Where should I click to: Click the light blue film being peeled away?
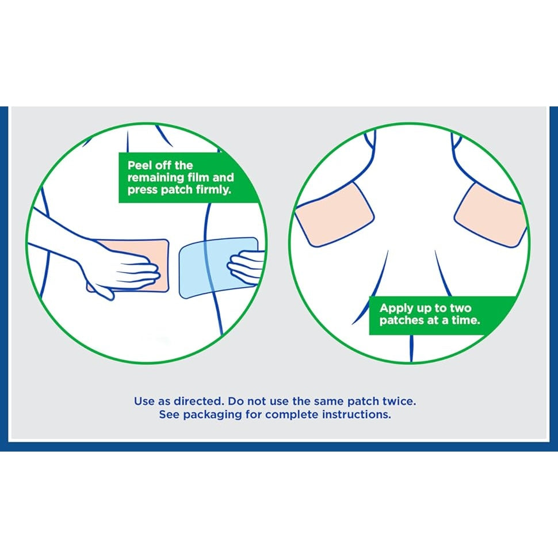(x=218, y=267)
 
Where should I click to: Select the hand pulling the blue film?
(x=246, y=267)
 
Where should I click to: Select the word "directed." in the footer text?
(x=198, y=402)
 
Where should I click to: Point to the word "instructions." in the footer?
(x=356, y=415)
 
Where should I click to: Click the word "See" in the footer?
(x=169, y=415)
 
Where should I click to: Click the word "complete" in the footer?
(x=292, y=415)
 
